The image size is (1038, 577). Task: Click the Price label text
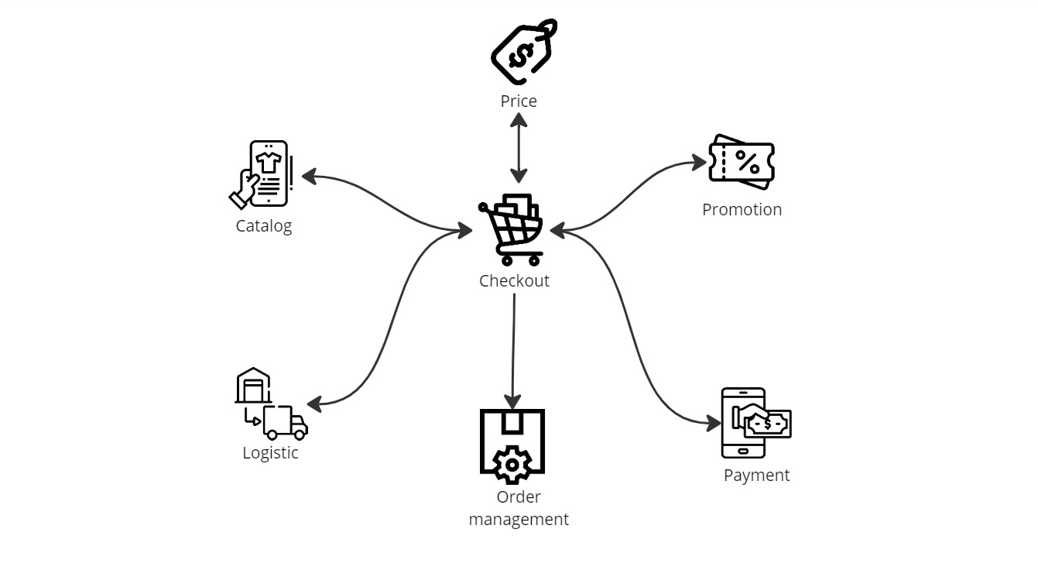click(518, 101)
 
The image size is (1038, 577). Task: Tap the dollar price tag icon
click(524, 53)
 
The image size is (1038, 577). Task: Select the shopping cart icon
click(512, 229)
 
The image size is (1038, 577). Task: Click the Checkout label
click(514, 280)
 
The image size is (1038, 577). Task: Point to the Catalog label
click(264, 226)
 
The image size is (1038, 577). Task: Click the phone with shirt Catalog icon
click(263, 174)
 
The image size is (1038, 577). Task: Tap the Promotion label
click(742, 209)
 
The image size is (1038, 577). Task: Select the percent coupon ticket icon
click(742, 163)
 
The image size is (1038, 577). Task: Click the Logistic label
click(270, 453)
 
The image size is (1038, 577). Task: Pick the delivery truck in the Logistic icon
click(284, 423)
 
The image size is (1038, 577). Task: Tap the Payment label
click(756, 476)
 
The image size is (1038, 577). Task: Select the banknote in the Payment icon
click(767, 424)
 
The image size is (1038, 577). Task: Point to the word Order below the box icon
click(519, 497)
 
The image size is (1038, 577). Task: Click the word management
click(519, 520)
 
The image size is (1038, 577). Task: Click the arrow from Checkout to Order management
click(513, 349)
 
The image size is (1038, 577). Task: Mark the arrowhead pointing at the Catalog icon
click(309, 177)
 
